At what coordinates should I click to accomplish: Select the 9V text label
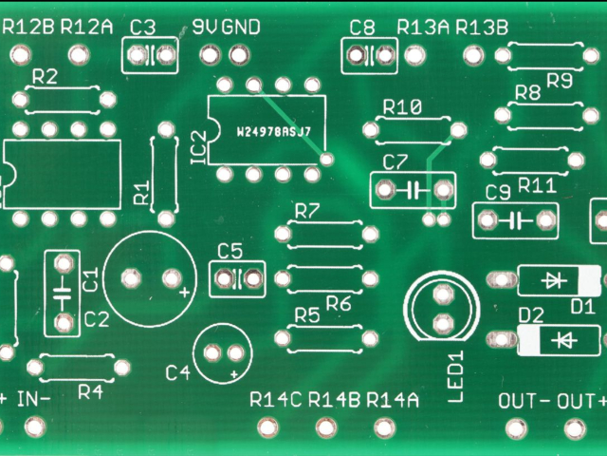coord(204,27)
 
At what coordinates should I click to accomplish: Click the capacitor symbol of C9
coord(517,221)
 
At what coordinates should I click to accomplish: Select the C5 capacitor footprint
coord(237,278)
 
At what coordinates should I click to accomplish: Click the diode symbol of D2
coord(566,339)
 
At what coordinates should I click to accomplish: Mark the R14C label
coord(275,399)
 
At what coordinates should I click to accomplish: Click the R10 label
coord(402,107)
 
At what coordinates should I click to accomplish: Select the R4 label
coord(90,390)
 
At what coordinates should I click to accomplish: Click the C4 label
coord(177,372)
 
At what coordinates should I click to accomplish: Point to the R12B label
coord(28,27)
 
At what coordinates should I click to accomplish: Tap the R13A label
coord(423,27)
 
